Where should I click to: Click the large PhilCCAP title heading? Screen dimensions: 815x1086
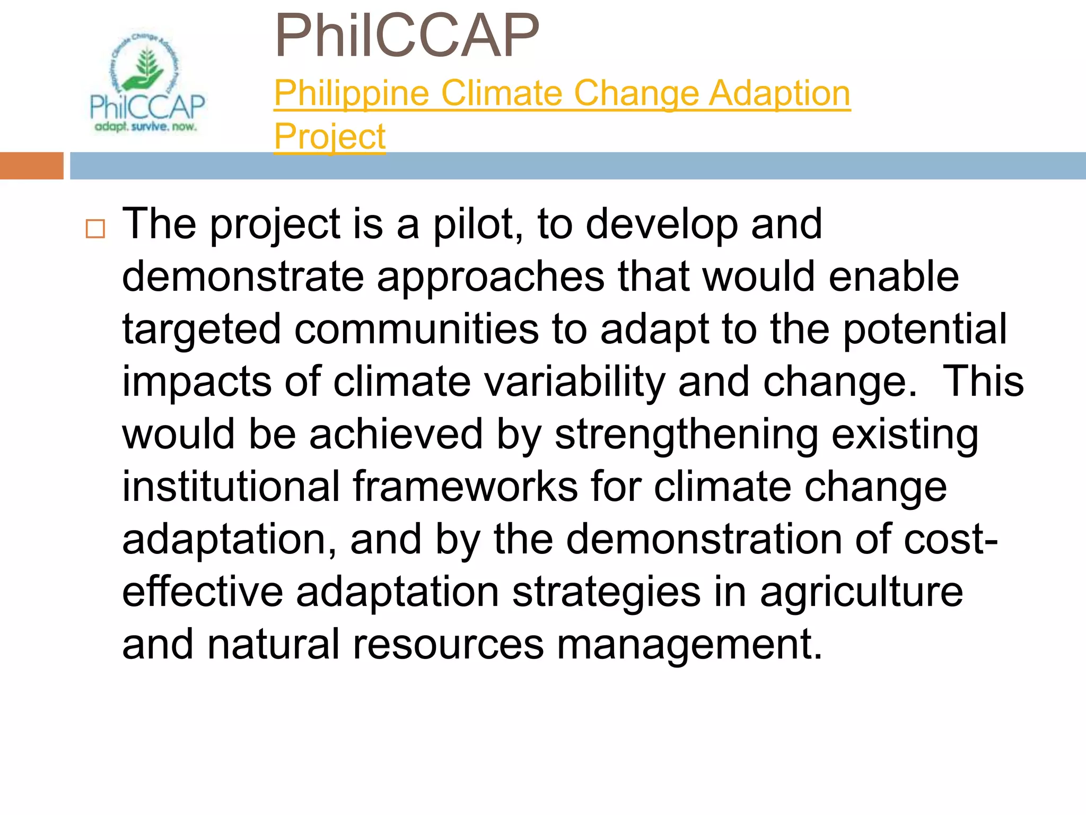(407, 36)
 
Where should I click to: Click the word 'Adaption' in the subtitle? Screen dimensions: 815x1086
(780, 93)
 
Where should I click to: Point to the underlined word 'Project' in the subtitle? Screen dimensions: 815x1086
(329, 137)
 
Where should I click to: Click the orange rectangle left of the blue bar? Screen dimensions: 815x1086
(31, 166)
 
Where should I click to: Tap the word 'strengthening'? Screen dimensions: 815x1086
(686, 434)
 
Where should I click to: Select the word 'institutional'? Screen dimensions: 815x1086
(231, 487)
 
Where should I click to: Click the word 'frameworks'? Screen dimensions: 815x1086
(465, 487)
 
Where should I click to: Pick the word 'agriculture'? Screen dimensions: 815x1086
(861, 592)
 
